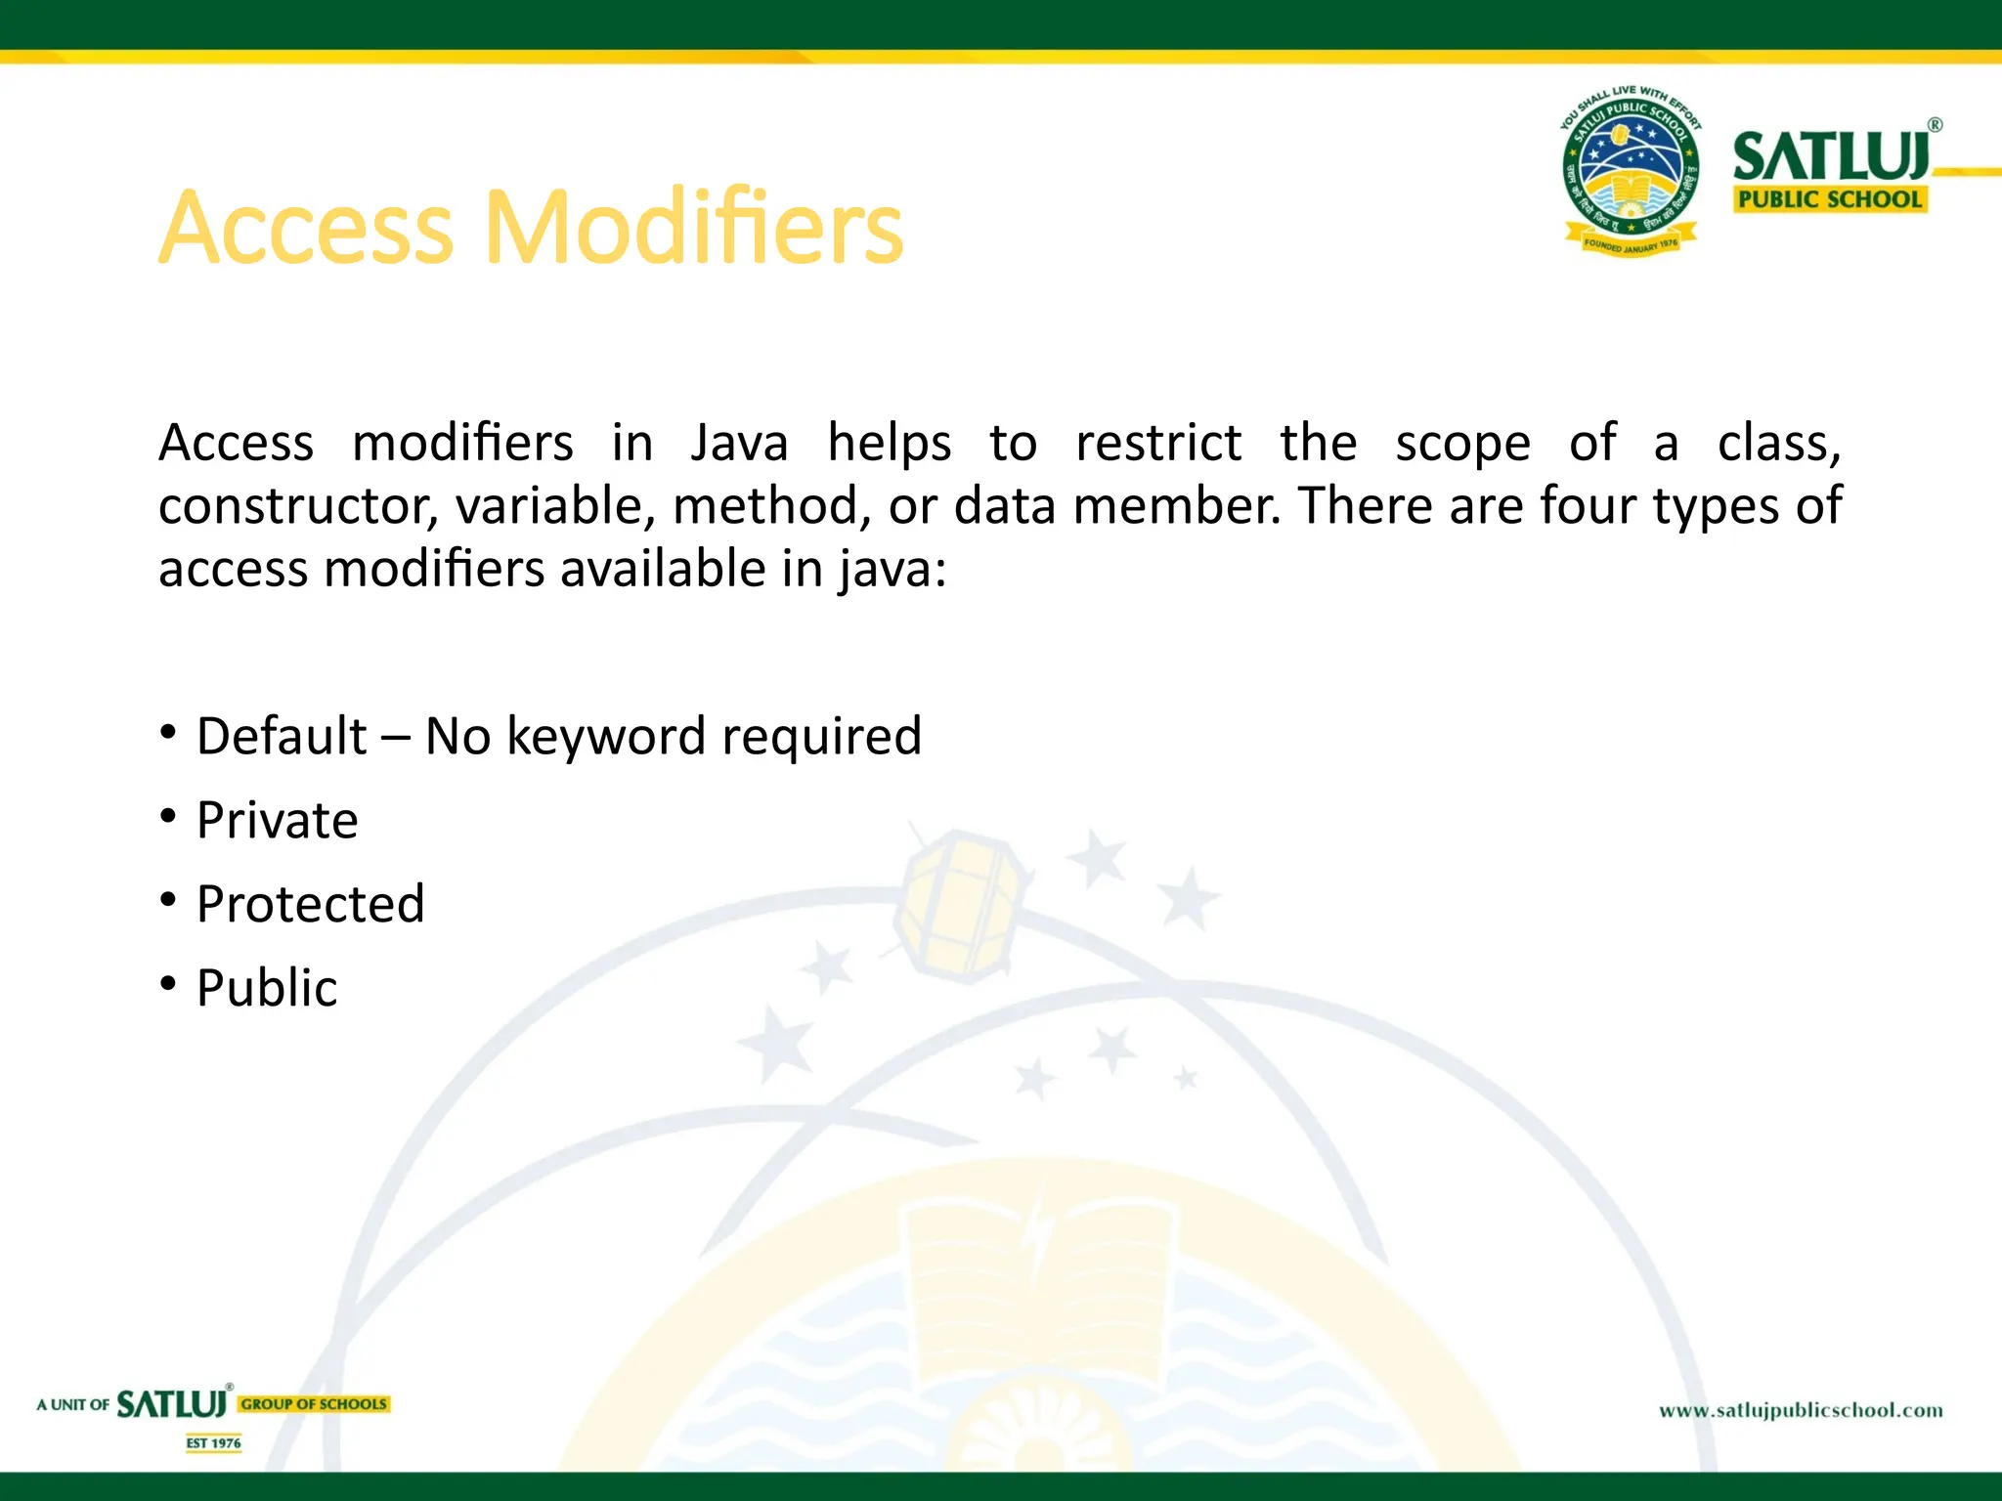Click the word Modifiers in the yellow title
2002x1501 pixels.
[x=694, y=227]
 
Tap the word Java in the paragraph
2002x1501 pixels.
[x=739, y=443]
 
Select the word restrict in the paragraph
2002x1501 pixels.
[x=1158, y=443]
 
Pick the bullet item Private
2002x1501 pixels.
[x=277, y=820]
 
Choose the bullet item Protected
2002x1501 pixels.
[x=310, y=904]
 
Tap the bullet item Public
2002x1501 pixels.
[x=266, y=988]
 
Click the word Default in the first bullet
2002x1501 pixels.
[x=282, y=736]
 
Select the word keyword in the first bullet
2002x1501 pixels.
[x=606, y=736]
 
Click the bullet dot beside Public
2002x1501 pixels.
[x=169, y=983]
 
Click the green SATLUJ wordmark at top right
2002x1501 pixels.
[x=1830, y=156]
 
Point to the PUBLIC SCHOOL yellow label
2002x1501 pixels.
[x=1829, y=199]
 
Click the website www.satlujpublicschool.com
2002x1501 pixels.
[x=1801, y=1410]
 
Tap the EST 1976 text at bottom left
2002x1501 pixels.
[x=213, y=1443]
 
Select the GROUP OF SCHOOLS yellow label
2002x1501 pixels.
[x=314, y=1404]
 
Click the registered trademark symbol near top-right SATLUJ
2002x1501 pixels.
[x=1935, y=125]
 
